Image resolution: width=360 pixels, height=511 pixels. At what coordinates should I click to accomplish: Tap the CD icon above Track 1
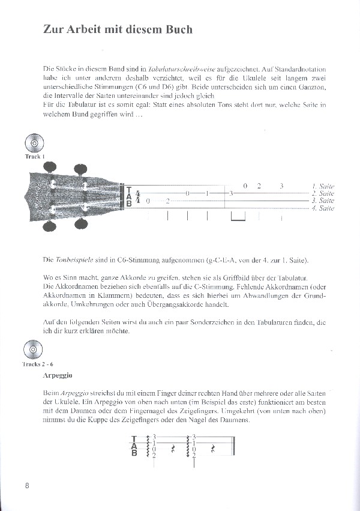[34, 144]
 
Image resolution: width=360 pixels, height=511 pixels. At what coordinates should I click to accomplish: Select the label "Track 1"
[34, 157]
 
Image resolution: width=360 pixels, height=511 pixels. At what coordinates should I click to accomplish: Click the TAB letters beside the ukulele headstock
[127, 197]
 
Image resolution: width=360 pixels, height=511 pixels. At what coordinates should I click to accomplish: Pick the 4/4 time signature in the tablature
[138, 197]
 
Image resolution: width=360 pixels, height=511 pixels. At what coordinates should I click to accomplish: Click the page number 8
[27, 485]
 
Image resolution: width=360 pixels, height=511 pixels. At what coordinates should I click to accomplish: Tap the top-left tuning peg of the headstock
[52, 166]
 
